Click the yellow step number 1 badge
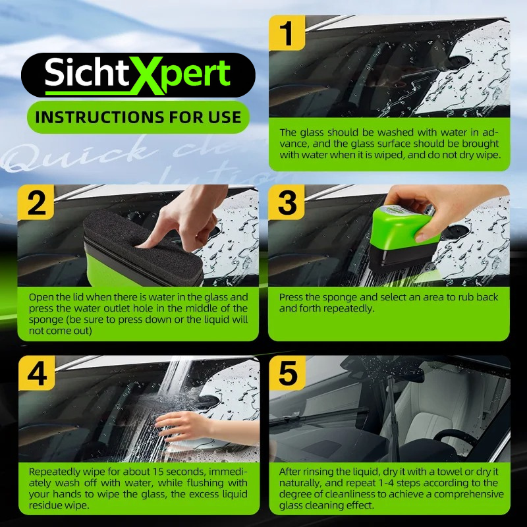coord(287,33)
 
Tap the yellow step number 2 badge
coord(36,202)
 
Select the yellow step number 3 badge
coord(287,202)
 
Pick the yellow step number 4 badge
coord(37,373)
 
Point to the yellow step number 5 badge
coord(288,373)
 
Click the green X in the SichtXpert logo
coord(147,75)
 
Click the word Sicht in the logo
coord(87,72)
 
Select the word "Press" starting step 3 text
coord(291,297)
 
